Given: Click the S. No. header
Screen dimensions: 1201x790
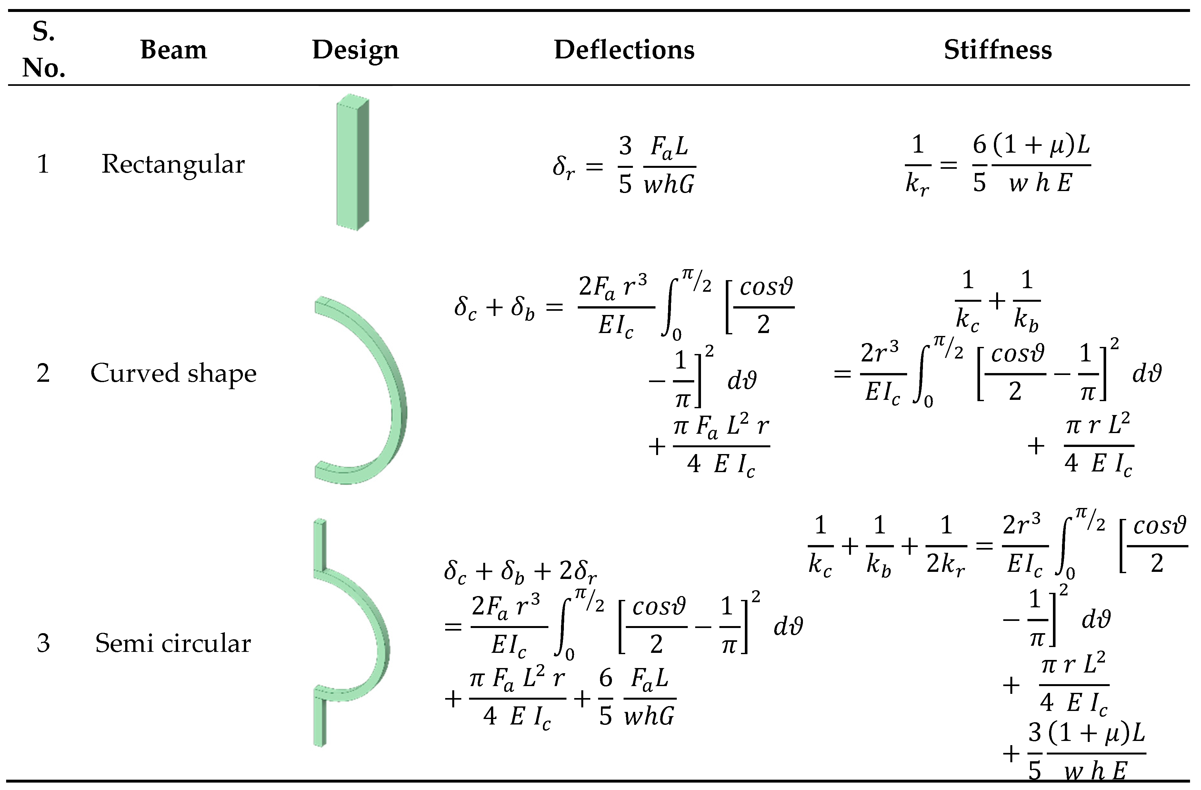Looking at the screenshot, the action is coord(44,49).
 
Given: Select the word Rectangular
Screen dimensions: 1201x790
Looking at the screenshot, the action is coord(173,164).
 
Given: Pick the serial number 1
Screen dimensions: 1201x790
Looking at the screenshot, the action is coord(44,164).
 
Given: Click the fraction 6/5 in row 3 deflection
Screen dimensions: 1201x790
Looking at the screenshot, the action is coord(606,699).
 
